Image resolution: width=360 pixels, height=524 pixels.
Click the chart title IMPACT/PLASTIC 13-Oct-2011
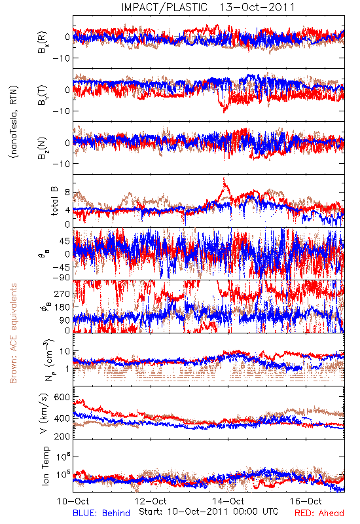[207, 7]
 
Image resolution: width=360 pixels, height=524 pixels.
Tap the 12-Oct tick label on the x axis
[151, 501]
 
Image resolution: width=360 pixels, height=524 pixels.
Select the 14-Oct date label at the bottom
[228, 501]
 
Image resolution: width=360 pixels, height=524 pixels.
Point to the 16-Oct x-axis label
[306, 501]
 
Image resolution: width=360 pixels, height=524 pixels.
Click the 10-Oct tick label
[73, 501]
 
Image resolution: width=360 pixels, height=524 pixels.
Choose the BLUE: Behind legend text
[101, 513]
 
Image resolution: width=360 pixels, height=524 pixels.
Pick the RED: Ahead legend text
[319, 513]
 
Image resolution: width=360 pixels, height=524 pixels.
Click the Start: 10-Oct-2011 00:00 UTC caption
[208, 512]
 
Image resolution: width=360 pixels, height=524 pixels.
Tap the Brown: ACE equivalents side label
[13, 333]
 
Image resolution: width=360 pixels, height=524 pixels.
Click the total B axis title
[54, 201]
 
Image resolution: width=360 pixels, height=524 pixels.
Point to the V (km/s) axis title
[44, 414]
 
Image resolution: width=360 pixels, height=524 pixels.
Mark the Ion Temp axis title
[45, 466]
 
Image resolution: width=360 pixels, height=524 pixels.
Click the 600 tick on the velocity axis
[62, 397]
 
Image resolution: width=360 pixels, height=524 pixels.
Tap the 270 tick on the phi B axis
[62, 293]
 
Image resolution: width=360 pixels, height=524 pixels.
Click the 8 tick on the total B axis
[67, 193]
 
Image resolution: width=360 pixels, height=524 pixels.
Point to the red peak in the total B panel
[224, 179]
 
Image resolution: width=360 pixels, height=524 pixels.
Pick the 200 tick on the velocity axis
[62, 436]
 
